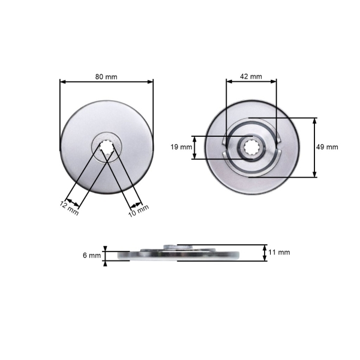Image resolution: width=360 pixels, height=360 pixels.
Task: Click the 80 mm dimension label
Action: [106, 77]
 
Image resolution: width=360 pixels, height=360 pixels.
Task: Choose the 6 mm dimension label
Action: [91, 256]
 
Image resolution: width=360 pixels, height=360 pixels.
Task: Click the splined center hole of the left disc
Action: [107, 146]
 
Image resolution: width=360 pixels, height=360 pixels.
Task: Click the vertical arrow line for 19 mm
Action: [194, 147]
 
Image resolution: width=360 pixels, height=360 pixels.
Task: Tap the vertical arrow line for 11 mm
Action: [265, 253]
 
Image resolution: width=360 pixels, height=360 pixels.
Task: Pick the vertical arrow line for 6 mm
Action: [105, 256]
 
